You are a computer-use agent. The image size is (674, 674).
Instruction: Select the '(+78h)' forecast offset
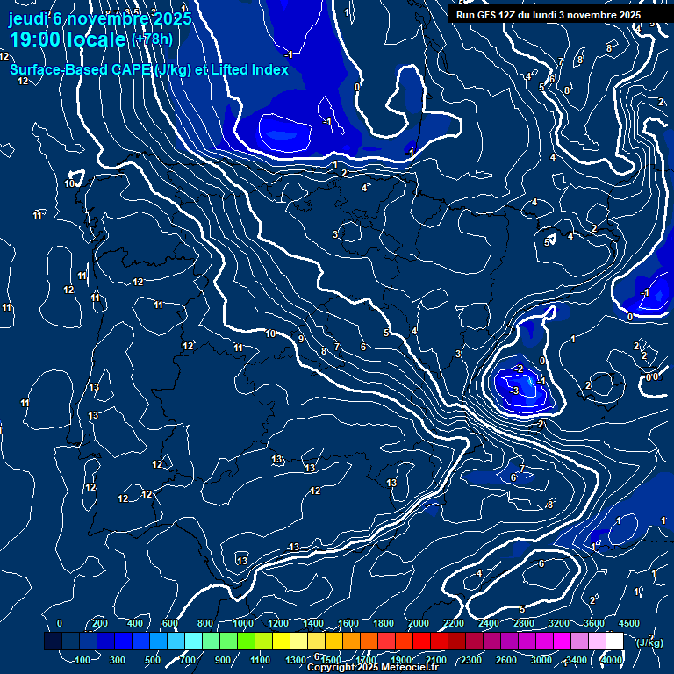tap(152, 39)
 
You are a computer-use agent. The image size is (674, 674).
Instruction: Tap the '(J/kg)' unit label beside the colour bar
tap(649, 642)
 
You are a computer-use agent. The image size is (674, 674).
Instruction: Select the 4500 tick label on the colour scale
tap(628, 623)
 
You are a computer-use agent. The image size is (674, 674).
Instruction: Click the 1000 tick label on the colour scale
tap(243, 623)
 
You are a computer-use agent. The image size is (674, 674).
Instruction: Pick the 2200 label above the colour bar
tap(454, 623)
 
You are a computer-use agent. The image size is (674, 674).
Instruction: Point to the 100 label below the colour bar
tap(84, 660)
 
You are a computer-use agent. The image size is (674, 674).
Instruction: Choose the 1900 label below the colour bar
tap(401, 660)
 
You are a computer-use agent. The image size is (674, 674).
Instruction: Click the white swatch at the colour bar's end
tap(614, 642)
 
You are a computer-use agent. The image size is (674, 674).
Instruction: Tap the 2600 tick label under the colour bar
tap(506, 660)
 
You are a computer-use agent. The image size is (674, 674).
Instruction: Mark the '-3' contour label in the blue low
tap(515, 390)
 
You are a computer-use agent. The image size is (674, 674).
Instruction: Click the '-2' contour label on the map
tap(519, 369)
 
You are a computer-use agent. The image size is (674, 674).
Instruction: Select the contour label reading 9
tap(301, 339)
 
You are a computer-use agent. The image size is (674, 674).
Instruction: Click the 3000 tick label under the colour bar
tap(541, 660)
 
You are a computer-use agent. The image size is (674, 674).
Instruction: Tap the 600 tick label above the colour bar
tap(170, 623)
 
